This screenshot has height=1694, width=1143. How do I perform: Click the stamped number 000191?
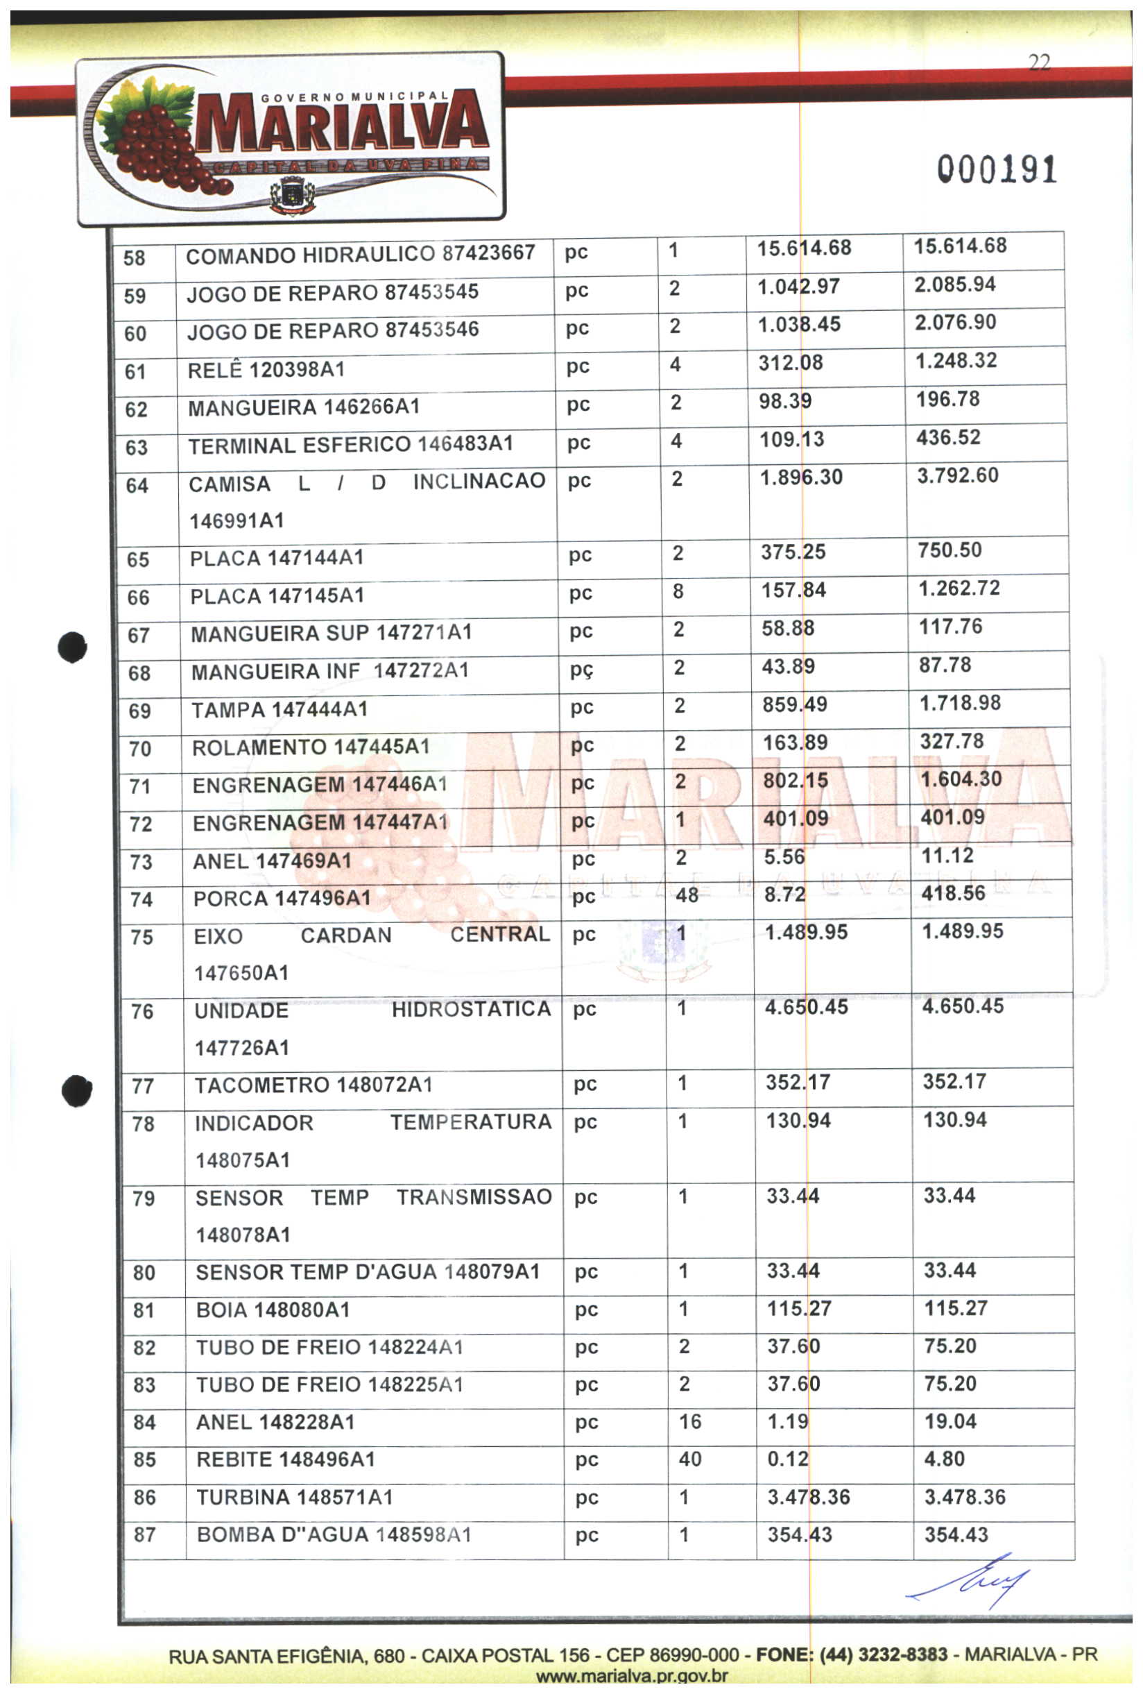996,170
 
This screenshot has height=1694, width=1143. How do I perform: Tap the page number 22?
1039,62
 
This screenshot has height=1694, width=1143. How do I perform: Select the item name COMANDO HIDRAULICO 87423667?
360,255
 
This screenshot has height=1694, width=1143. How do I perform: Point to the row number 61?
135,372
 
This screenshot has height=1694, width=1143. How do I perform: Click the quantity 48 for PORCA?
687,895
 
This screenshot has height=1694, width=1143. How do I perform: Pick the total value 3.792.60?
957,476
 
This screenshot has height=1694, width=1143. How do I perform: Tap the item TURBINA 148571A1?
294,1497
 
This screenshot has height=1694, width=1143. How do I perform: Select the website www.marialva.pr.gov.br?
631,1677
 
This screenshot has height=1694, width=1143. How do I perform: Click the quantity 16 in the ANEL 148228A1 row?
690,1421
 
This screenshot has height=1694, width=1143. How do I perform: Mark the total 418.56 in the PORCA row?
953,893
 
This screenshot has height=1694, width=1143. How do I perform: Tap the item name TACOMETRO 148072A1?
313,1085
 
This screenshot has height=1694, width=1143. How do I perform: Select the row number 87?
145,1535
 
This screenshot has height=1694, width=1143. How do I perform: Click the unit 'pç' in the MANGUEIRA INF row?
581,670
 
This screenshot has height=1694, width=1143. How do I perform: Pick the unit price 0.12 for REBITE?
788,1459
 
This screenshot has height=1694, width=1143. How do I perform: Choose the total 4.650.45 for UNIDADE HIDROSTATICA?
963,1007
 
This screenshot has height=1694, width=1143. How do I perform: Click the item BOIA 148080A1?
273,1310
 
